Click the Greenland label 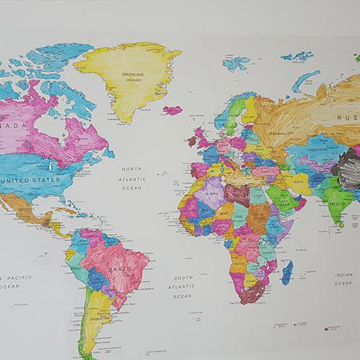(x=132, y=73)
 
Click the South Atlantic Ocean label (x=183, y=286)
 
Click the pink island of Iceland (x=172, y=110)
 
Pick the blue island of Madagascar (x=287, y=272)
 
